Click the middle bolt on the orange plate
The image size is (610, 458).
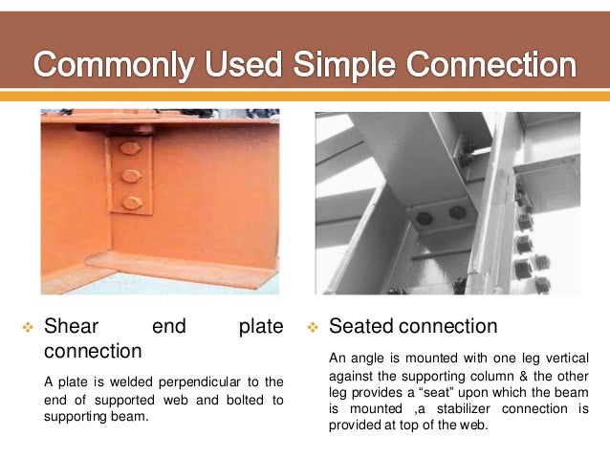[130, 176]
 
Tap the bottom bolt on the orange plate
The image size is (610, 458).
[130, 202]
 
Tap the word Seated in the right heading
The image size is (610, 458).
[359, 327]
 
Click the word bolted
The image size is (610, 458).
[243, 401]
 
